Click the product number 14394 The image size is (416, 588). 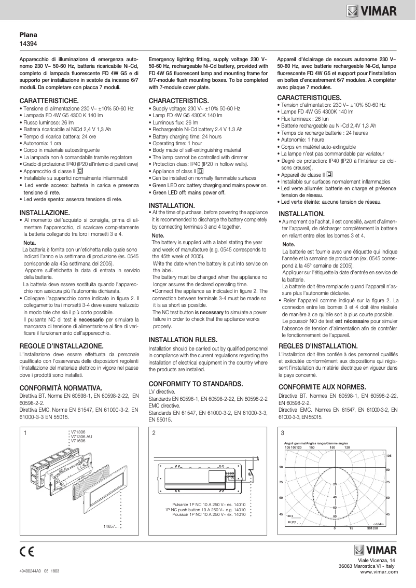click(x=28, y=44)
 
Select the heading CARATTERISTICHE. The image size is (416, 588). click(x=49, y=100)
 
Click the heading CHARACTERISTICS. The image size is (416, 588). click(x=179, y=100)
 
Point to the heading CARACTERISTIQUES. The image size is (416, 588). click(x=309, y=97)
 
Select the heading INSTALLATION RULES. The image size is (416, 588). click(x=184, y=339)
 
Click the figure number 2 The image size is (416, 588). click(x=154, y=433)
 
